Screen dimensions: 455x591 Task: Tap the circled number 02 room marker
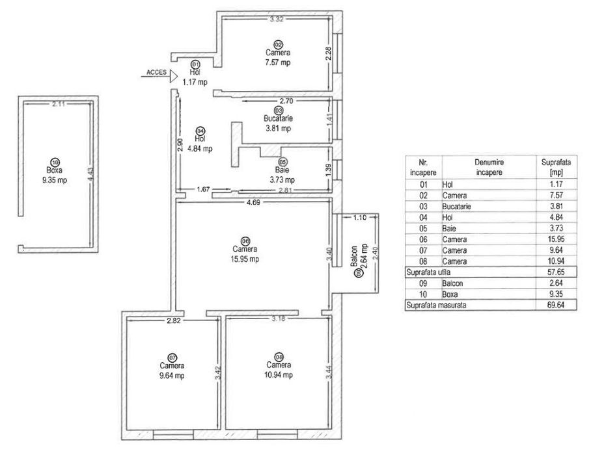pos(278,44)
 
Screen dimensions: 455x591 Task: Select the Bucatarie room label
pos(278,119)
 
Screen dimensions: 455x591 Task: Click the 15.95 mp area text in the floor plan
pos(245,259)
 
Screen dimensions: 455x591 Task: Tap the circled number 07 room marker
pos(172,357)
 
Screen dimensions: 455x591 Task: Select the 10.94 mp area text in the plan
pos(279,374)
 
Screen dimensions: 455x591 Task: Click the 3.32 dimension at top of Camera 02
pos(277,19)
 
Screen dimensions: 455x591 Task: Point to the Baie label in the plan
pos(282,170)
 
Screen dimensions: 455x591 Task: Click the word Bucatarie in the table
pos(456,207)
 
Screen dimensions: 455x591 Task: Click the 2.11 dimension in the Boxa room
pos(59,104)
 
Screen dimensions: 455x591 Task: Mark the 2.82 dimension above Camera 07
pos(172,321)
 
